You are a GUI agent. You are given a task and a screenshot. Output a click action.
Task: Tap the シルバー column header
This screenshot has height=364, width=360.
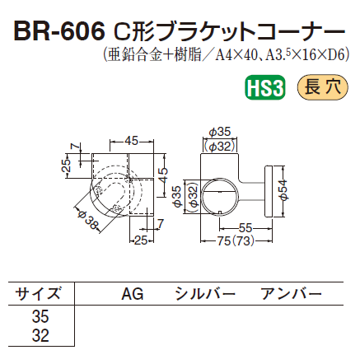point(204,294)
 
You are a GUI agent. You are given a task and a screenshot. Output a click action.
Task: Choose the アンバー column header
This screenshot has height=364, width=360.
point(290,294)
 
